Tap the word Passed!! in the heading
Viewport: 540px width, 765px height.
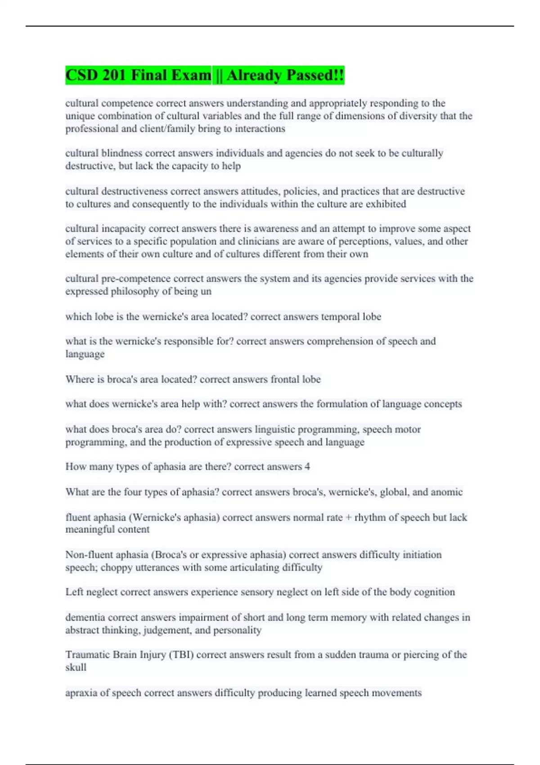[315, 75]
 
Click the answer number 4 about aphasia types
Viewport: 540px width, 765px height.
[307, 467]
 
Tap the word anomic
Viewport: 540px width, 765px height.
[446, 492]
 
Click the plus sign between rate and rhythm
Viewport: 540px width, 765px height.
[348, 517]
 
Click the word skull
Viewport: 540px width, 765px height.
[76, 667]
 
